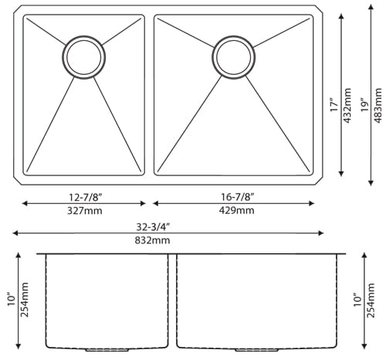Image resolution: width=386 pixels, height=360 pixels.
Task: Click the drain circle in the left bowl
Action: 83,56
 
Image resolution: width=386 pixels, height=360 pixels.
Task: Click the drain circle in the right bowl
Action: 232,56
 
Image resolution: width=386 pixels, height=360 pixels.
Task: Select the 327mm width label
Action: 83,210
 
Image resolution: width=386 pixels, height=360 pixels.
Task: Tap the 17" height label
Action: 333,105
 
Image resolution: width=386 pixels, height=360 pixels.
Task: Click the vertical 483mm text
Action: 378,105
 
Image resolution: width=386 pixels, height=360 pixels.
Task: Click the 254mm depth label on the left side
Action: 23,300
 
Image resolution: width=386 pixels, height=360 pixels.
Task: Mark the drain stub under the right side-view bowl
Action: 256,350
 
